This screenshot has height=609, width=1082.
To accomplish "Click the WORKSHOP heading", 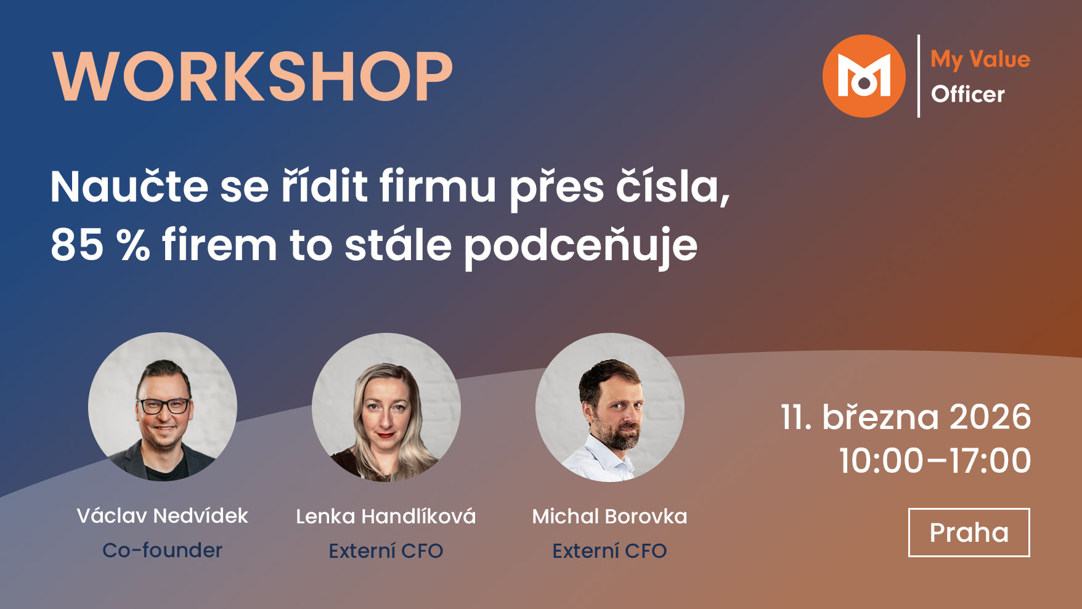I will tap(253, 77).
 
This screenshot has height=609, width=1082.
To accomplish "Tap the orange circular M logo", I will tap(864, 76).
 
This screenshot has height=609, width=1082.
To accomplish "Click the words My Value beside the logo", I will tap(980, 59).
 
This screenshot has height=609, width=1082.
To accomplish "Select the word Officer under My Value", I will tap(967, 94).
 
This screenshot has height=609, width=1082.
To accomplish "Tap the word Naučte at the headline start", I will tap(129, 186).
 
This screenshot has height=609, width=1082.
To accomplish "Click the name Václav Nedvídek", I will tap(162, 515).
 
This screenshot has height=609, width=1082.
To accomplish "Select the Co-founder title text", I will tap(162, 550).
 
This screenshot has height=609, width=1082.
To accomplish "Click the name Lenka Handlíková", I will tap(386, 516).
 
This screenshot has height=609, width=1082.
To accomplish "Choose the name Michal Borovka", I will tap(609, 516).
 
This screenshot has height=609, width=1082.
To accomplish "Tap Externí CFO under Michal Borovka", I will tap(609, 550).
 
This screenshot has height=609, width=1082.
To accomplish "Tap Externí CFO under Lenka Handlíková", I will tap(386, 550).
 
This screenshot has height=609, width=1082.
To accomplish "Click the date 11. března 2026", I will tap(905, 417).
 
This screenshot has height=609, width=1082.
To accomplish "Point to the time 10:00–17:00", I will tap(935, 460).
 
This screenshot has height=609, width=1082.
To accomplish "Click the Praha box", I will tap(969, 533).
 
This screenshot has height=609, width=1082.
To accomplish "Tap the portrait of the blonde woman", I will tap(386, 407).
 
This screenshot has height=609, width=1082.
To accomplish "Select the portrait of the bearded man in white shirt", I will tap(609, 407).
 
